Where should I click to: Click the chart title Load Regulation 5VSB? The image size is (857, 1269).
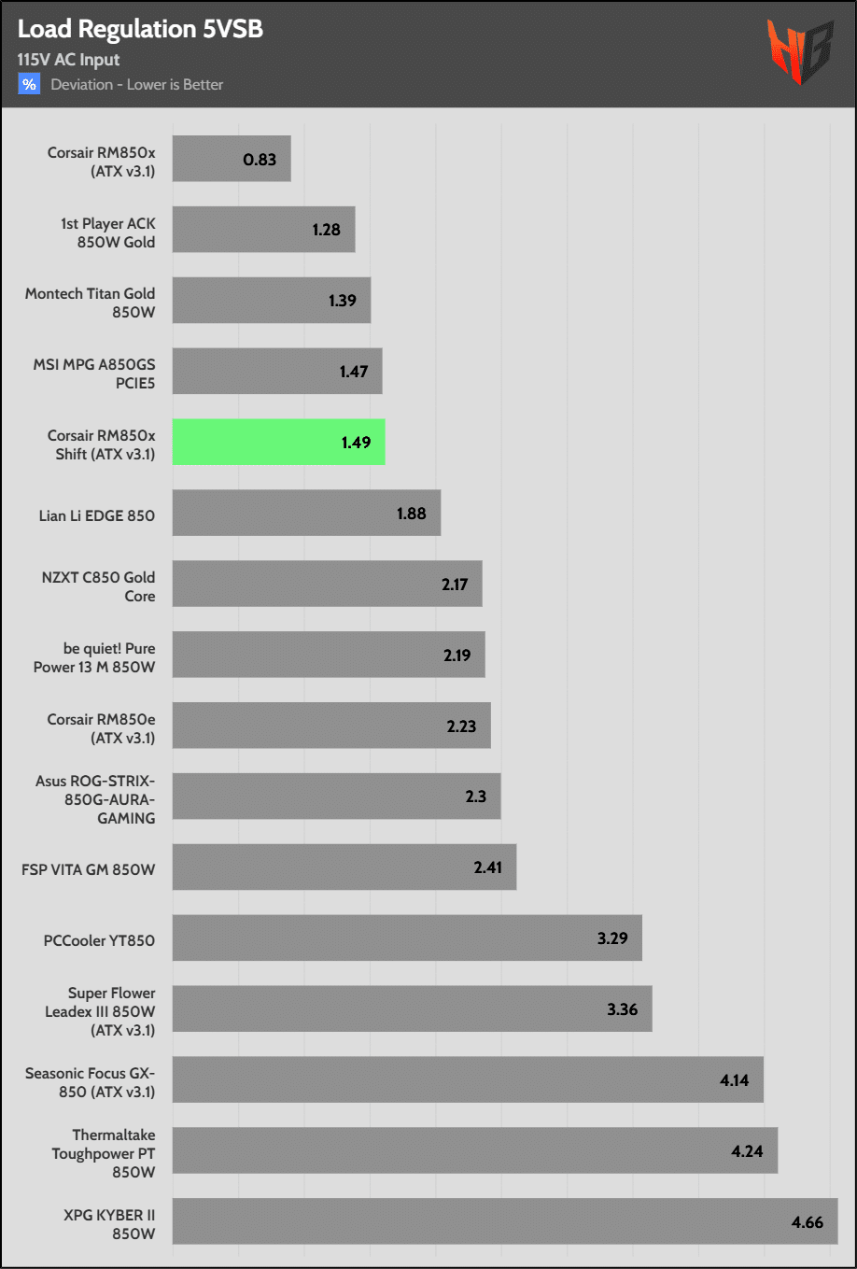[x=140, y=29]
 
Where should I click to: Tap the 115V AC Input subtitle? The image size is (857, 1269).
[x=68, y=60]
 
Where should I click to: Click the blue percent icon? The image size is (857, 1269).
[x=29, y=84]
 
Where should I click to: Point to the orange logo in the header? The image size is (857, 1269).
[x=800, y=51]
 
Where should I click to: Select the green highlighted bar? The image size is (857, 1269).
[x=278, y=442]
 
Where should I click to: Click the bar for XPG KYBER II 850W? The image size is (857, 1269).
[x=504, y=1221]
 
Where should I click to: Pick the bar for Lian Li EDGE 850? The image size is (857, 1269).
[x=306, y=513]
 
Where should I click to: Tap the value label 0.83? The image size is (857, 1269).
[x=260, y=160]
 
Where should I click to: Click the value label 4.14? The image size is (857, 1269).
[x=734, y=1080]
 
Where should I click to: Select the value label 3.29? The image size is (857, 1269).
[x=612, y=938]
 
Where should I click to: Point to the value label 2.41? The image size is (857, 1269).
[x=487, y=867]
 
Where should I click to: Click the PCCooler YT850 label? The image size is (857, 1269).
[x=99, y=940]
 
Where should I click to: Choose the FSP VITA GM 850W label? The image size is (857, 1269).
[x=89, y=869]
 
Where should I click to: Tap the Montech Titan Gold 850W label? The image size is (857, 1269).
[x=91, y=303]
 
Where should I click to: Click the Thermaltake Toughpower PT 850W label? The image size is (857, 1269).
[x=104, y=1153]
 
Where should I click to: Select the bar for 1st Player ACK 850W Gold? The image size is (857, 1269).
[x=263, y=230]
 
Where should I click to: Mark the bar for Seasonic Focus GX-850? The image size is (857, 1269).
[x=467, y=1079]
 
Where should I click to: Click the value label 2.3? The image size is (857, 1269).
[x=475, y=797]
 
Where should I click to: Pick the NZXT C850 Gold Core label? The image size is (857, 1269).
[x=99, y=586]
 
